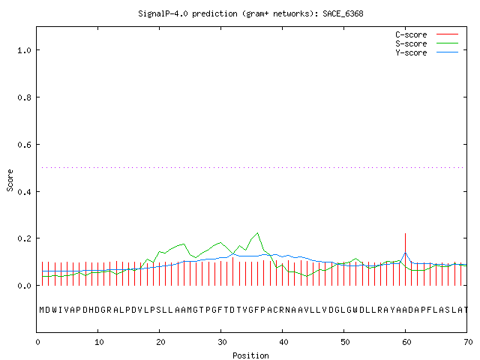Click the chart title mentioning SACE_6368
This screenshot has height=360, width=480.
tap(250, 13)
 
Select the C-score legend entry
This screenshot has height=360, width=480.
tap(427, 34)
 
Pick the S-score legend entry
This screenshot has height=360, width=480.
tap(427, 43)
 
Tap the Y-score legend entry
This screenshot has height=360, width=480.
tap(427, 52)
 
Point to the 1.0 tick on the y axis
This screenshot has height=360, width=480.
tap(24, 50)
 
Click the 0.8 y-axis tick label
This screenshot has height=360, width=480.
tap(24, 97)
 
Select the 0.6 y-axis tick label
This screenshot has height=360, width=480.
tap(24, 145)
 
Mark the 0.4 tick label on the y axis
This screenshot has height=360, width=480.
tap(24, 192)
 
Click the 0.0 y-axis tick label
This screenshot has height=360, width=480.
tap(24, 286)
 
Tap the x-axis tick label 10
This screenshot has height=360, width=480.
tap(99, 342)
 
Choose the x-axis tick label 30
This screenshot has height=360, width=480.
tap(222, 342)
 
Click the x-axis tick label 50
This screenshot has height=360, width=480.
tap(345, 342)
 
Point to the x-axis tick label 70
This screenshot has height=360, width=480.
tap(468, 342)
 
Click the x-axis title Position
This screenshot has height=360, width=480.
tap(250, 355)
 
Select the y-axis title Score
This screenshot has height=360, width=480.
tap(10, 180)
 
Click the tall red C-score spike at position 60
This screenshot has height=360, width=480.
tap(405, 259)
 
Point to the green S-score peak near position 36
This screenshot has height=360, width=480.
tap(258, 233)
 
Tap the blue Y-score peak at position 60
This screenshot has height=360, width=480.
tap(405, 253)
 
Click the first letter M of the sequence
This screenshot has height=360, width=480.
tap(42, 310)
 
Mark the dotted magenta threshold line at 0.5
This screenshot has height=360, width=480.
tap(253, 167)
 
